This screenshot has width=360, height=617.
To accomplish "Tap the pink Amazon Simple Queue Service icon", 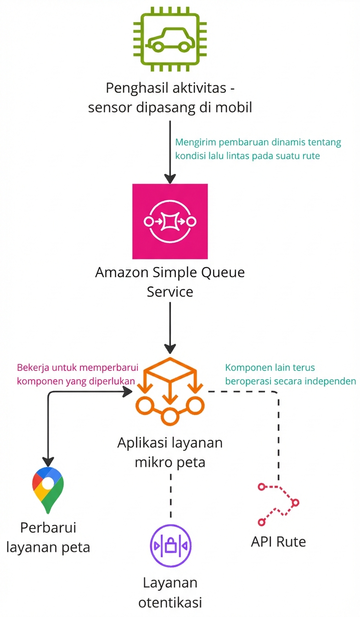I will click(x=170, y=222).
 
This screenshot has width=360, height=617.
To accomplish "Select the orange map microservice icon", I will click(x=170, y=390).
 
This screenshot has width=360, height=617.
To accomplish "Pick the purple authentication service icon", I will click(x=170, y=546).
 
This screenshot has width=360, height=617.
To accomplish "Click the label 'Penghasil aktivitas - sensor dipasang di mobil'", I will click(x=170, y=97).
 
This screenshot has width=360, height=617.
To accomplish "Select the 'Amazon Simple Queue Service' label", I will click(x=170, y=281).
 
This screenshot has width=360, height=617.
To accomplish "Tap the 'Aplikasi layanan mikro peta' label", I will click(x=170, y=452).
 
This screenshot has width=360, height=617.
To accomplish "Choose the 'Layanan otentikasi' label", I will click(x=170, y=592).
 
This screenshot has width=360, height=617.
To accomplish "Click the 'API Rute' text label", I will click(x=278, y=542).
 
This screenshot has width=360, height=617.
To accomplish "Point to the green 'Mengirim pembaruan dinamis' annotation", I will click(x=258, y=149).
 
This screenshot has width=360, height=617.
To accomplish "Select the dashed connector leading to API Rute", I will click(x=278, y=436).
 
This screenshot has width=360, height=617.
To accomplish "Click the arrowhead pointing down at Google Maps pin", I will click(x=48, y=461).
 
